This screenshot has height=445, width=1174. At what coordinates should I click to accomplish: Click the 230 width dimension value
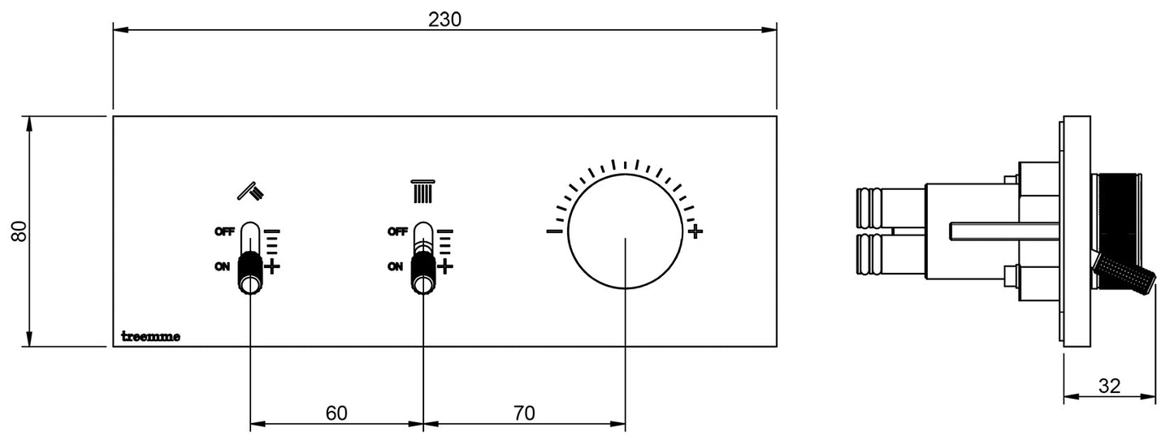pyautogui.click(x=444, y=19)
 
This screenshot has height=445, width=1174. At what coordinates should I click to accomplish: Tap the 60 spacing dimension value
pyautogui.click(x=336, y=413)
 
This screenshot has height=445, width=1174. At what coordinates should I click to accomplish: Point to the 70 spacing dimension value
pyautogui.click(x=524, y=413)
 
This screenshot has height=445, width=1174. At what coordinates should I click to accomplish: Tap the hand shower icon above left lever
pyautogui.click(x=250, y=191)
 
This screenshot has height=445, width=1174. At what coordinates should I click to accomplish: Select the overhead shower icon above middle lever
pyautogui.click(x=422, y=191)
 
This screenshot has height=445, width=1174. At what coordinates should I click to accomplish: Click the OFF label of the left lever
pyautogui.click(x=225, y=231)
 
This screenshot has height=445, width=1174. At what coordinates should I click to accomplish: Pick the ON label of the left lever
pyautogui.click(x=222, y=266)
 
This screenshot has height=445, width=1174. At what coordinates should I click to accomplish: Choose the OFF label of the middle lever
pyautogui.click(x=397, y=231)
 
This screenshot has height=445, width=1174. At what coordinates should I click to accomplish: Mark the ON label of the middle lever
pyautogui.click(x=395, y=266)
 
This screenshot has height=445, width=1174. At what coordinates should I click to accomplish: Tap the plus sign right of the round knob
pyautogui.click(x=695, y=232)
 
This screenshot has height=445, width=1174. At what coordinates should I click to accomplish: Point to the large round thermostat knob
pyautogui.click(x=625, y=231)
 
